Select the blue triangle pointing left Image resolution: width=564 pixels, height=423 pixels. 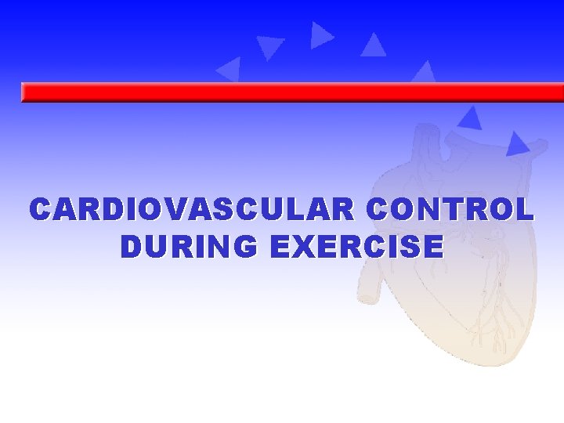229,69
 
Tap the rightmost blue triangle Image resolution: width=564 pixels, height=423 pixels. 516,143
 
